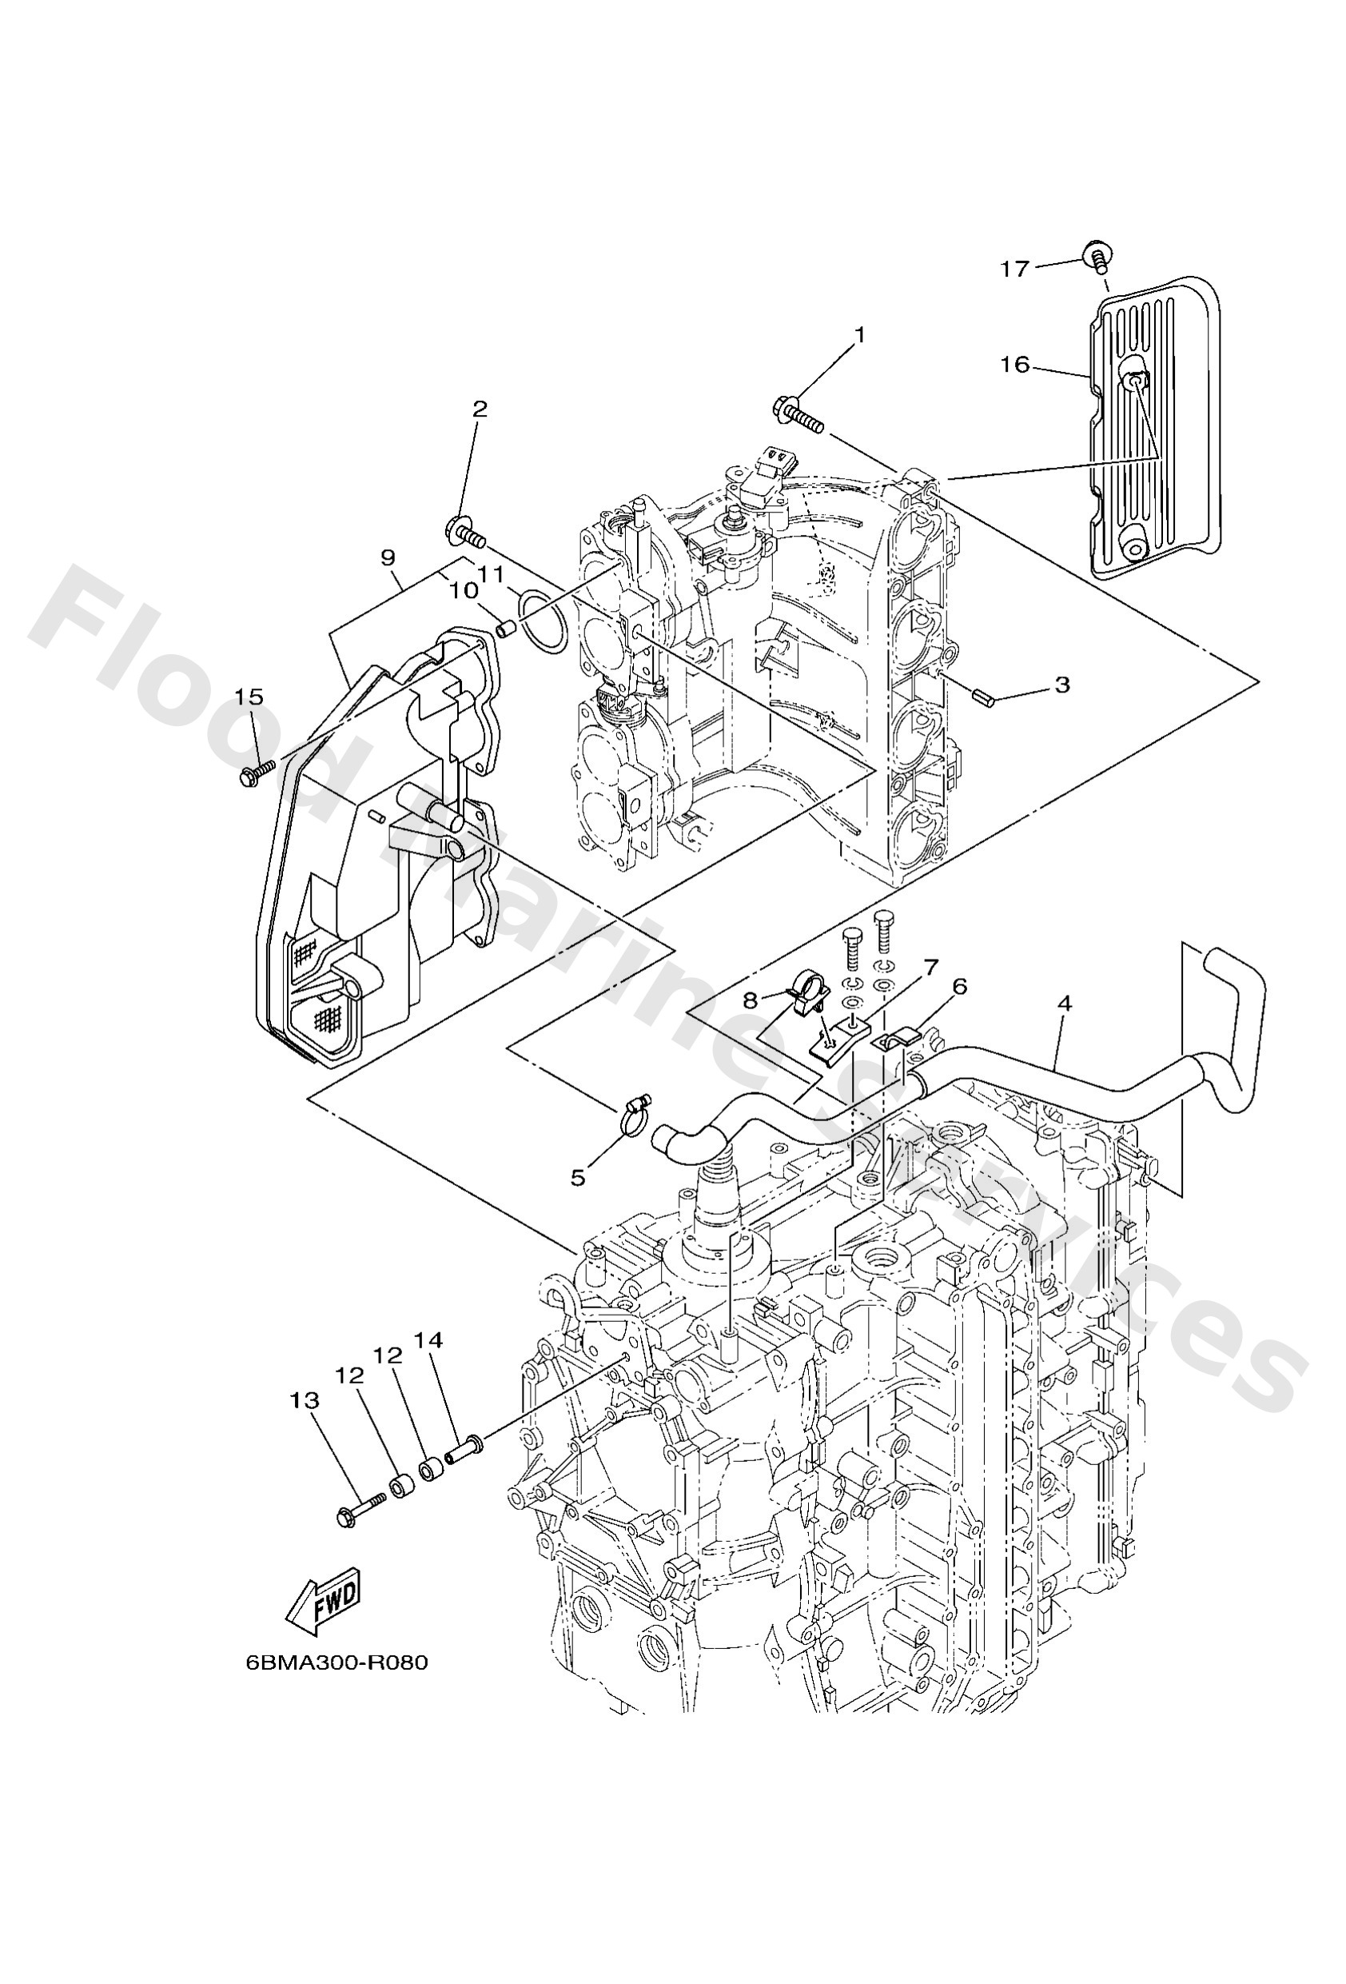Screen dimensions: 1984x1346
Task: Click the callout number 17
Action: pyautogui.click(x=1015, y=269)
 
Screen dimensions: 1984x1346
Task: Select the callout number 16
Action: pyautogui.click(x=1015, y=365)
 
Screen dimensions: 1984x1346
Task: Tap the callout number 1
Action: pyautogui.click(x=859, y=336)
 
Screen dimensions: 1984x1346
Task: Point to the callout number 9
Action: pyautogui.click(x=388, y=558)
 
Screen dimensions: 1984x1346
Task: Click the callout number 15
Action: pyautogui.click(x=249, y=697)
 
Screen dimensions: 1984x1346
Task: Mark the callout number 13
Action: pyautogui.click(x=305, y=1400)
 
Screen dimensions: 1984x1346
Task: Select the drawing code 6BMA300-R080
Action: pyautogui.click(x=336, y=1663)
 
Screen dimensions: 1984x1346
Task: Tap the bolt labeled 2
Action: pyautogui.click(x=464, y=535)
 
